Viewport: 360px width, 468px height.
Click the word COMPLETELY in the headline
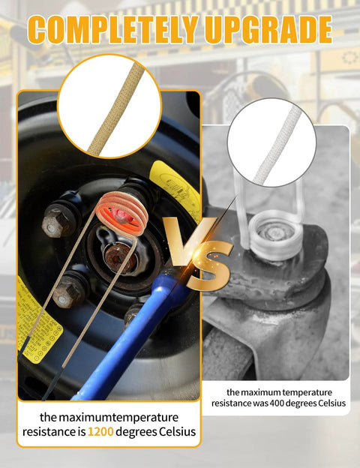pyautogui.click(x=113, y=29)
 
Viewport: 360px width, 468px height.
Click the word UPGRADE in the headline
pyautogui.click(x=268, y=29)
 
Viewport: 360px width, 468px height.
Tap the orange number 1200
pyautogui.click(x=100, y=432)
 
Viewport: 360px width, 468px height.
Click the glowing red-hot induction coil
pyautogui.click(x=122, y=214)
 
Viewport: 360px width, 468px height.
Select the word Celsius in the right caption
pyautogui.click(x=331, y=403)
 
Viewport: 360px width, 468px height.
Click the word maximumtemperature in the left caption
pyautogui.click(x=118, y=417)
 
